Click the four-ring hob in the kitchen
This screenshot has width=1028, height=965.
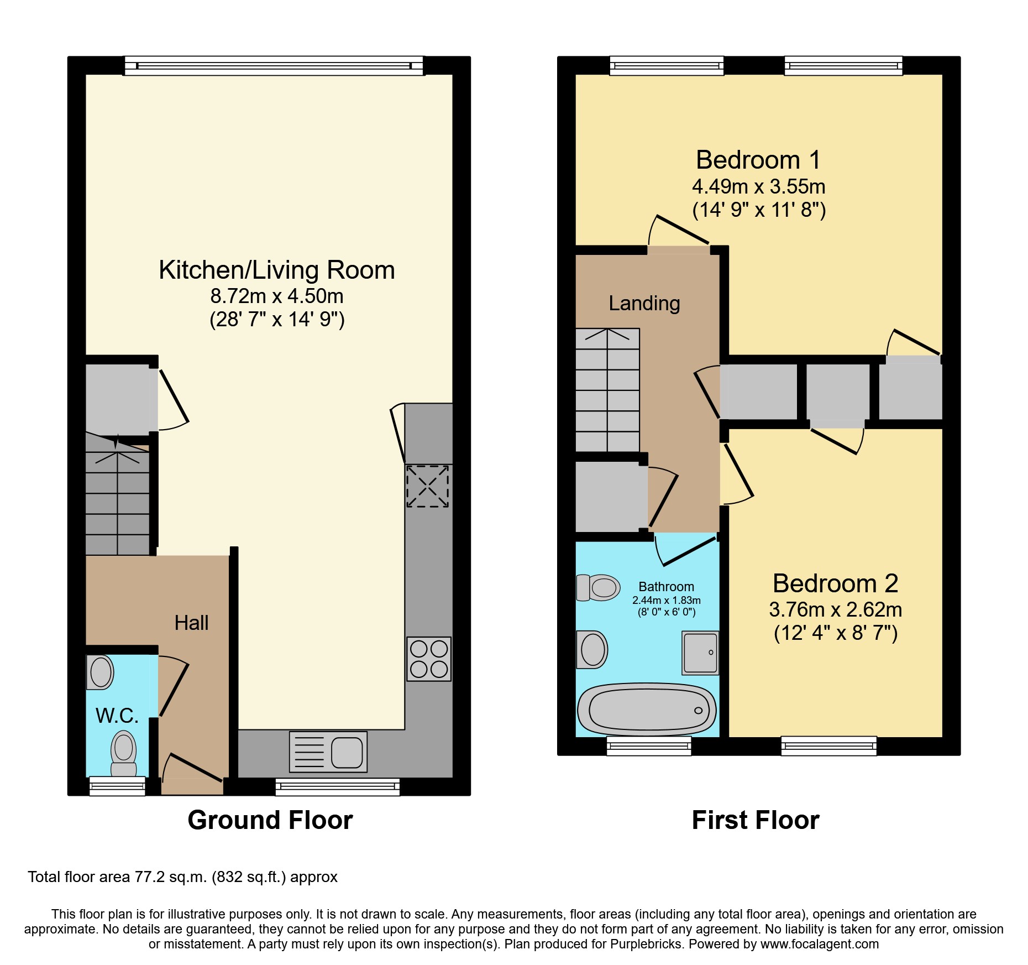click(x=429, y=659)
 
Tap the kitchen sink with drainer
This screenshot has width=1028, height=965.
click(x=328, y=752)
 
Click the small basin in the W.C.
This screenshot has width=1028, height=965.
click(x=101, y=672)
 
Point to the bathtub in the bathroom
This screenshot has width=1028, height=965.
click(x=647, y=710)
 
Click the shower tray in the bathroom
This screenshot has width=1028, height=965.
click(x=700, y=653)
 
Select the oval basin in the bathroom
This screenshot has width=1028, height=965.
click(x=592, y=649)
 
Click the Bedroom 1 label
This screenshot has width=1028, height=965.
click(x=758, y=160)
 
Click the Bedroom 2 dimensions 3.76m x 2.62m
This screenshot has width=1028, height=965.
click(x=835, y=609)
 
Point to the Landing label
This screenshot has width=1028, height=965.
click(x=644, y=303)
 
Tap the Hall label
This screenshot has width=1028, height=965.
click(x=191, y=623)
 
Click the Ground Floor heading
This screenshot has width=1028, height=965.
click(x=270, y=820)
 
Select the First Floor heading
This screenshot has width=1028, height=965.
click(x=755, y=820)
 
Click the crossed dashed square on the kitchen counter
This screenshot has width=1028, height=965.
click(x=428, y=486)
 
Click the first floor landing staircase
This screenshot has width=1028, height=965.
click(x=607, y=390)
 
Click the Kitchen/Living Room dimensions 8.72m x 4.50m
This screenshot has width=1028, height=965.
click(x=276, y=296)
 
